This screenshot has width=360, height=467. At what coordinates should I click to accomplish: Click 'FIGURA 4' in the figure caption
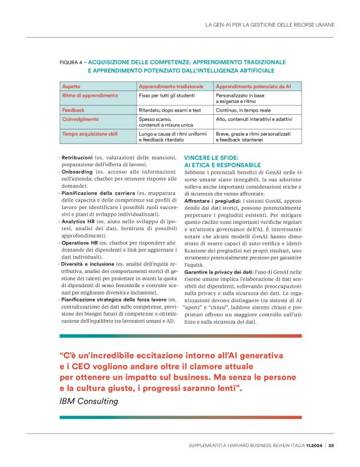click(72, 63)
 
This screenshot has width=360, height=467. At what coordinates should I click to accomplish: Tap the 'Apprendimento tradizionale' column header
click(171, 86)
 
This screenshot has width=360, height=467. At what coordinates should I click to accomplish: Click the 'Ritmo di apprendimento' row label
click(90, 96)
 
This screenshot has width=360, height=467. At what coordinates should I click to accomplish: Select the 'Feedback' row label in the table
click(73, 109)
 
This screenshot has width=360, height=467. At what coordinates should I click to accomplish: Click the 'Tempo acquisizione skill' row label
click(91, 133)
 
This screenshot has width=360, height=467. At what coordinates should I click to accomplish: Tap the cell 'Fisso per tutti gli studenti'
click(169, 96)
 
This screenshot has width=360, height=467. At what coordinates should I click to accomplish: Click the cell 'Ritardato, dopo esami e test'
click(170, 109)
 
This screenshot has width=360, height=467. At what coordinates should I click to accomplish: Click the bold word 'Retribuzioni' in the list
click(78, 158)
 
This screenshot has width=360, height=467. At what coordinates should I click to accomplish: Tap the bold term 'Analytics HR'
click(78, 221)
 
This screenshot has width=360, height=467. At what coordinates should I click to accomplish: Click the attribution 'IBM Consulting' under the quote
click(88, 401)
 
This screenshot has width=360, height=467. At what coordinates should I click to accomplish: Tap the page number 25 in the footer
click(331, 445)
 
